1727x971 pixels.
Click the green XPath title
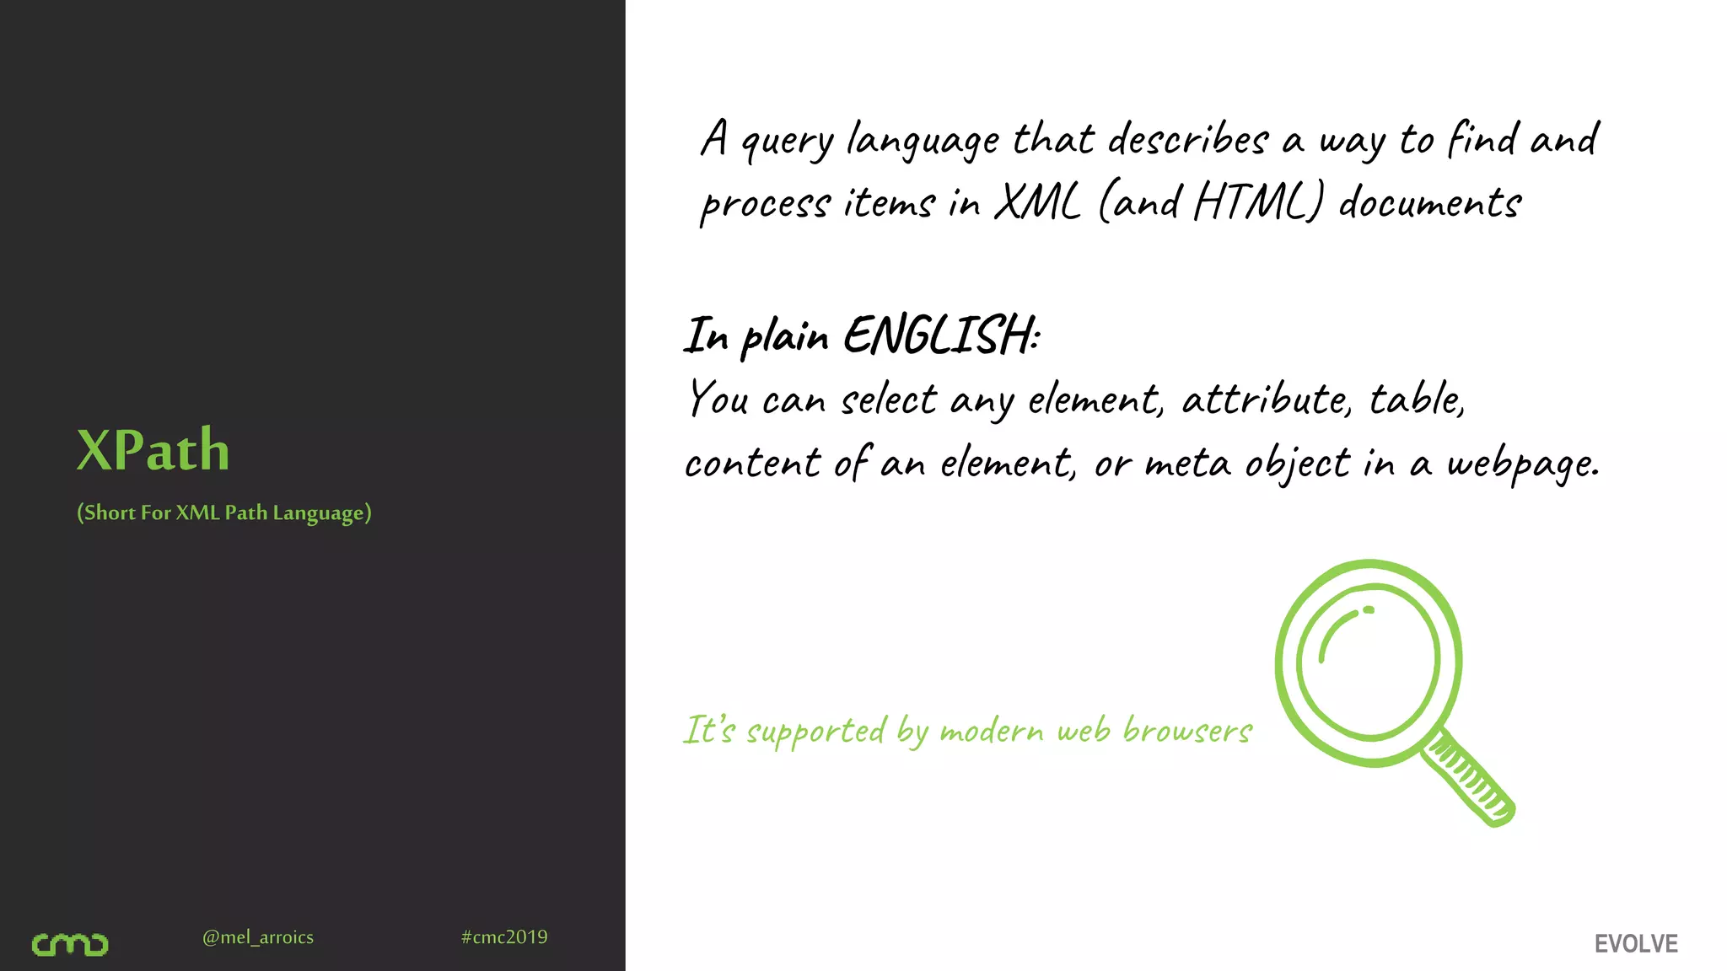tap(153, 450)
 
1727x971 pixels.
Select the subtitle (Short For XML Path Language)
tap(224, 512)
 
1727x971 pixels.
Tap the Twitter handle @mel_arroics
tap(258, 937)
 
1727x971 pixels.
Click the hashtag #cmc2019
tap(504, 937)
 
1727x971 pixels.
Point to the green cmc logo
tap(70, 944)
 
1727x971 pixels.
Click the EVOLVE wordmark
tap(1636, 944)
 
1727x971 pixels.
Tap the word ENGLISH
tap(940, 335)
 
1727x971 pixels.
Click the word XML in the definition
tap(1037, 203)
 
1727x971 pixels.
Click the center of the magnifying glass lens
tap(1369, 663)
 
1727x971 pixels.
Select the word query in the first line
tap(787, 142)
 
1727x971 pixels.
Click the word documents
tap(1430, 203)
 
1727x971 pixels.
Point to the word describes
tap(1187, 139)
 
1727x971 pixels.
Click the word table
tap(1416, 399)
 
